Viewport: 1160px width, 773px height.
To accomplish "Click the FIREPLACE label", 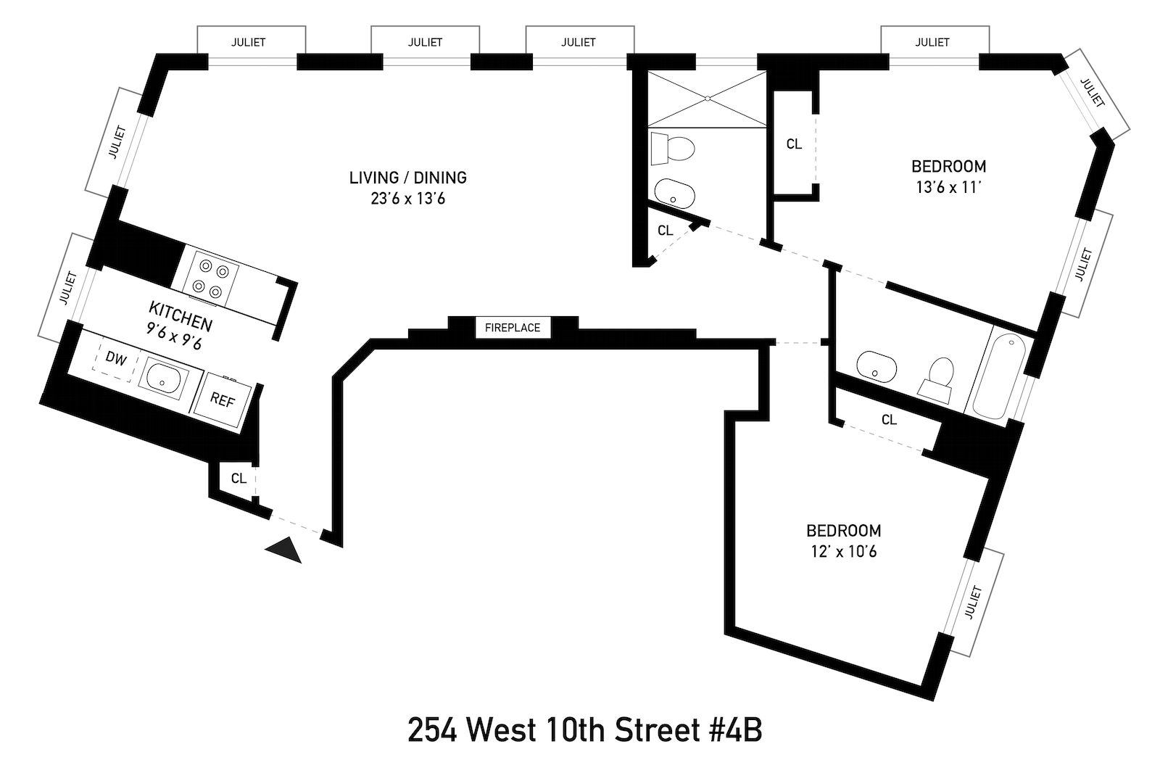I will click(513, 328).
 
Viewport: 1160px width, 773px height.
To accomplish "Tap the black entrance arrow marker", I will click(284, 550).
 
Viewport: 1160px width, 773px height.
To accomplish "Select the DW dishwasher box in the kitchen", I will click(115, 358).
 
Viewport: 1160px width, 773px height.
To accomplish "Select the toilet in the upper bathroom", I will click(673, 149).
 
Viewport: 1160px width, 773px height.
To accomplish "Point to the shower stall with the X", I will click(706, 99).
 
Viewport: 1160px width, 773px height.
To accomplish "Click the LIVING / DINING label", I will click(408, 178).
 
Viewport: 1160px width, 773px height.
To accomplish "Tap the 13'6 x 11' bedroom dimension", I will click(948, 187).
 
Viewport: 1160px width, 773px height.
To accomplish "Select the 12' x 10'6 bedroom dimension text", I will click(843, 552).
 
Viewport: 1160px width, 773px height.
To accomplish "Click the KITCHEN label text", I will click(181, 315).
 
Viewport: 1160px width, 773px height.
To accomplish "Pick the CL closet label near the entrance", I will click(239, 479).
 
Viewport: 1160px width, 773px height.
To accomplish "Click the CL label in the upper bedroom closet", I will click(794, 144).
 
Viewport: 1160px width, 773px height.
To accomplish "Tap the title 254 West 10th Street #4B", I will click(584, 730).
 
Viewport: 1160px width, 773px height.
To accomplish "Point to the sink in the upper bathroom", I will click(675, 194).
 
